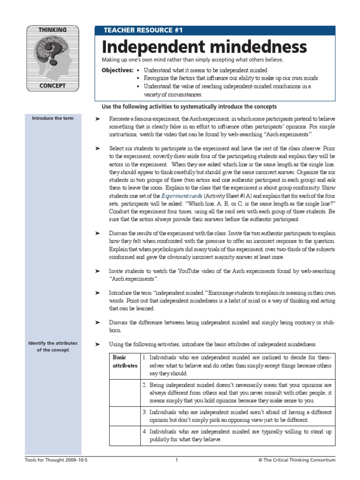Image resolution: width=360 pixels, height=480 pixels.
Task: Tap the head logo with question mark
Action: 52,58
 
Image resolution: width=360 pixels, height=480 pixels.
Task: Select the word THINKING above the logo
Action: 52,30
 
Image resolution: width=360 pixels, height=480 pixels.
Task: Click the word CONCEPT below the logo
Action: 52,86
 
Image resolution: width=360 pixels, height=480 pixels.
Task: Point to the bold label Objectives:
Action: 118,70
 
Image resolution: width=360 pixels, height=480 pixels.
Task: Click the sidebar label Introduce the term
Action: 52,118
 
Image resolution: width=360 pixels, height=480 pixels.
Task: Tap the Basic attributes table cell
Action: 125,361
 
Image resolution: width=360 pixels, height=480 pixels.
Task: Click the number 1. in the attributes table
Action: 145,357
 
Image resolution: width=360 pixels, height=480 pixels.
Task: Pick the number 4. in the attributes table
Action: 145,431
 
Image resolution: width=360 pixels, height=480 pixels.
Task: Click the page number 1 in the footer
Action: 177,460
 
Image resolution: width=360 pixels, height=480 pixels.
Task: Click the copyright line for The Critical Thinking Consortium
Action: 297,460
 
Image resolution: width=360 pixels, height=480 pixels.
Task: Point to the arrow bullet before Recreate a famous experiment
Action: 97,119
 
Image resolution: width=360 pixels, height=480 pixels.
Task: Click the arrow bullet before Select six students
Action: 97,148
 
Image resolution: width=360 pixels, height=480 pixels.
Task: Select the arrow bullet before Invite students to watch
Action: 97,271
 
